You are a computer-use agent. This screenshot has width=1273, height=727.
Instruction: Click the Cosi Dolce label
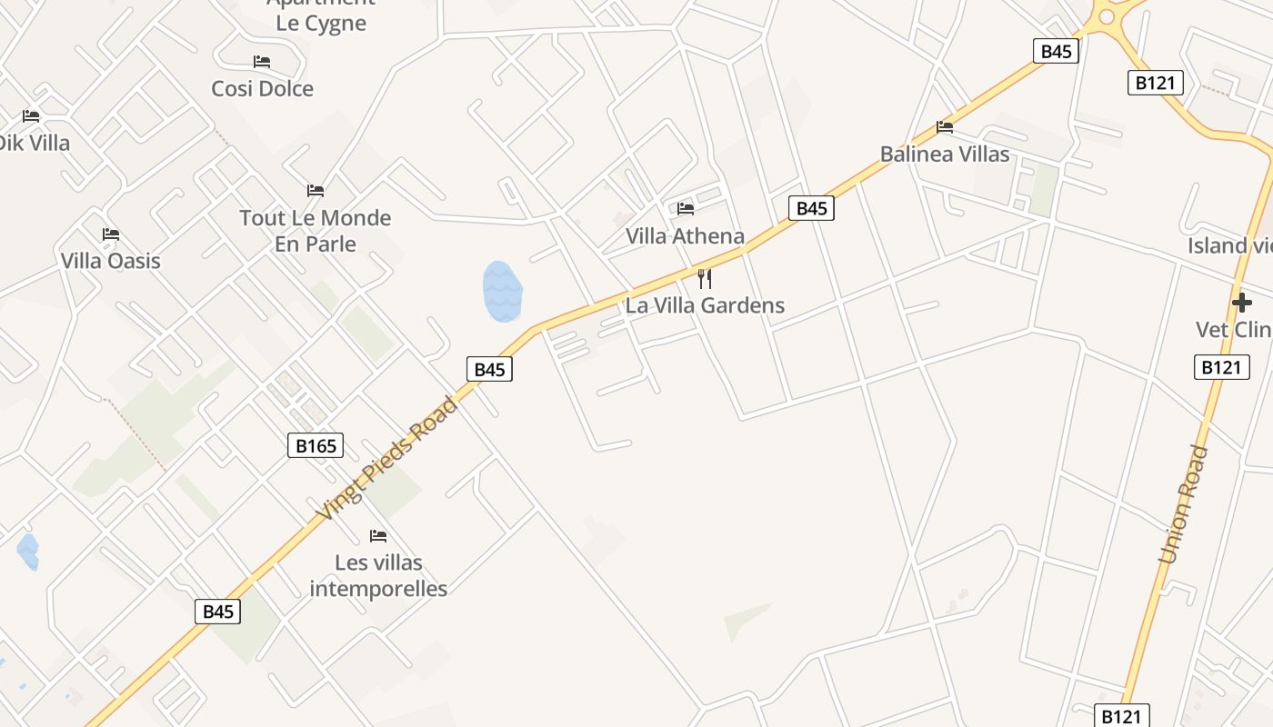(x=262, y=88)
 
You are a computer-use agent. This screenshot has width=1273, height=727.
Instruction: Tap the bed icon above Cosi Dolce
(x=262, y=62)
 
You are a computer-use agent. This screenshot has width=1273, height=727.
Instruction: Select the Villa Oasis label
(x=110, y=261)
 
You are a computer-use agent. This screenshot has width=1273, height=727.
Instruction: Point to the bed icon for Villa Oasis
(x=111, y=234)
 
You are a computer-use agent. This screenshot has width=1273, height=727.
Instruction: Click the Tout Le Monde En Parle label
(x=315, y=231)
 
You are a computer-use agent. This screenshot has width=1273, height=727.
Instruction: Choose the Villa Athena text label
(x=685, y=236)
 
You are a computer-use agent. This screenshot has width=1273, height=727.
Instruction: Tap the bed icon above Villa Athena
(x=686, y=209)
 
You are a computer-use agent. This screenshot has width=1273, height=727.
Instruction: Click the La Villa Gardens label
(x=705, y=305)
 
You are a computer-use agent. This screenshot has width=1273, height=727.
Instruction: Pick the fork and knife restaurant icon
(x=704, y=278)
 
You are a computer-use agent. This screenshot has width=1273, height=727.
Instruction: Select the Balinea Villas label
(x=944, y=154)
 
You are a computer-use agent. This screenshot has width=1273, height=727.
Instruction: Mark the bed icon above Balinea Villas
(x=945, y=127)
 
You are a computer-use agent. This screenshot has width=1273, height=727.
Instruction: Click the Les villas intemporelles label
(x=378, y=575)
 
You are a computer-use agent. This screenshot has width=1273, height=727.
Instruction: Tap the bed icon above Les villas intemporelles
(x=378, y=536)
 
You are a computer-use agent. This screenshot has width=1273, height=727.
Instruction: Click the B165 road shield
(x=316, y=445)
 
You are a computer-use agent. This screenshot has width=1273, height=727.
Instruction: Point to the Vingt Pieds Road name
(x=386, y=460)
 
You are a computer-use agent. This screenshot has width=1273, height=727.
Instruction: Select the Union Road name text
(x=1184, y=504)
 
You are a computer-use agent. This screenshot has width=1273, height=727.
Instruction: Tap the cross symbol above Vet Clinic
(x=1241, y=303)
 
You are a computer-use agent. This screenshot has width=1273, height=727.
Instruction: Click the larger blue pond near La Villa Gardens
(x=502, y=292)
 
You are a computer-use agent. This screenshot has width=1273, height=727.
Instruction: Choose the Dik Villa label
(x=33, y=143)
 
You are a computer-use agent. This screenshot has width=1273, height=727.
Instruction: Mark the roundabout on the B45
(x=1107, y=15)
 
